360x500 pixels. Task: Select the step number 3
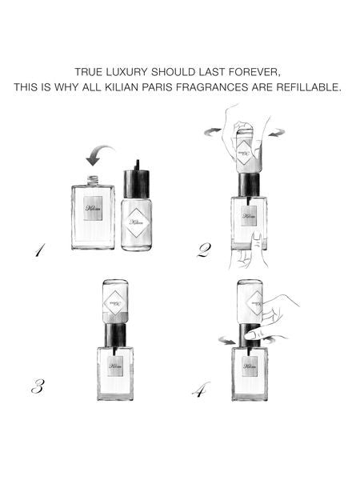(37, 387)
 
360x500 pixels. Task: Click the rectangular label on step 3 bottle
(114, 366)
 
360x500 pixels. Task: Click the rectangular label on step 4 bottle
(250, 366)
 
